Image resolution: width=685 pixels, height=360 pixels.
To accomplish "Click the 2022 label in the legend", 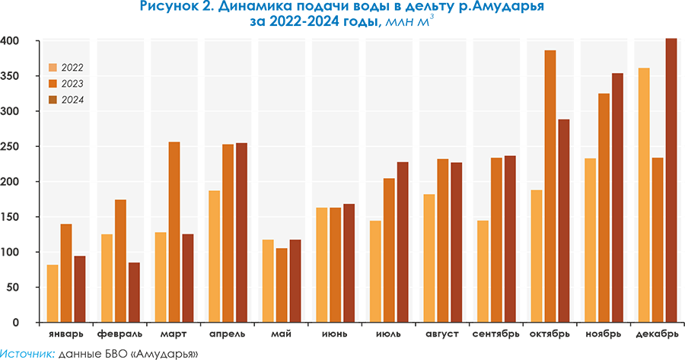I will pos(72,68).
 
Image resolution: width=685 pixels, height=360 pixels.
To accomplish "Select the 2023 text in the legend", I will pos(72,84).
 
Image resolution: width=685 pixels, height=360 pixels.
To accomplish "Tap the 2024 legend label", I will pos(72,100).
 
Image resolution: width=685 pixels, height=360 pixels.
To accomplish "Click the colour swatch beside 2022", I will pos(53,68).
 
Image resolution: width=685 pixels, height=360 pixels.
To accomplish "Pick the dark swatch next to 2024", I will pos(53,100).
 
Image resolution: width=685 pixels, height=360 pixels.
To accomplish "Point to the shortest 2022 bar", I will pos(53,293).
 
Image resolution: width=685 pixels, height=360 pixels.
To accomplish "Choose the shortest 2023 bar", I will pos(282,285).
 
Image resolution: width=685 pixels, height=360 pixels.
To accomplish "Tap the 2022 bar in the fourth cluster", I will pos(215,256).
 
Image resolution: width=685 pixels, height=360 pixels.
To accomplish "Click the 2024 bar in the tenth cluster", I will pos(564,220).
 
